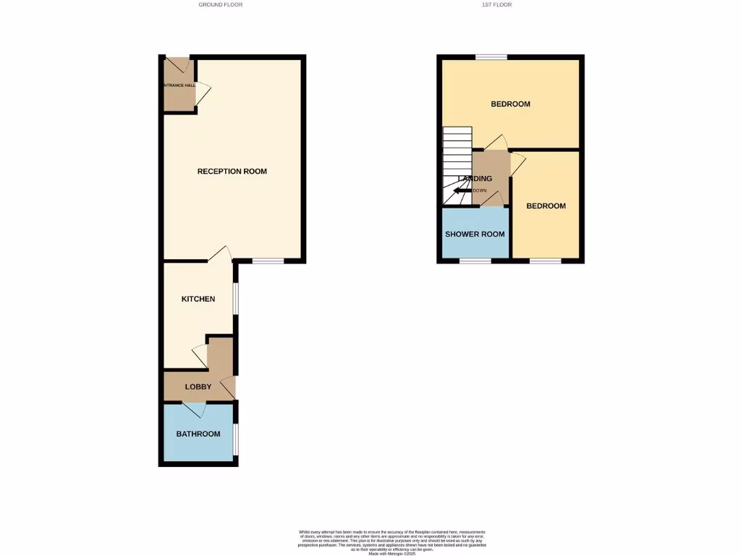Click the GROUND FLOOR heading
[x=221, y=4]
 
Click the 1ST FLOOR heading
[x=496, y=4]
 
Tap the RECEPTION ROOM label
[x=232, y=172]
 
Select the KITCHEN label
[x=198, y=299]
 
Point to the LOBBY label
[x=198, y=387]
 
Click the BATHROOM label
[x=198, y=434]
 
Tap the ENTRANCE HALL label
[x=179, y=85]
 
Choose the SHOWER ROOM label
[x=475, y=234]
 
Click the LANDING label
[x=475, y=179]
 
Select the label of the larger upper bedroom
[x=510, y=104]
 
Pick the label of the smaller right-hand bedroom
[x=546, y=206]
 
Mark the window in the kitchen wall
[x=235, y=298]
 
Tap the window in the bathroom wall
[x=235, y=439]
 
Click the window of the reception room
[x=268, y=261]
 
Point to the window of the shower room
[x=475, y=261]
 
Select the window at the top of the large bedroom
[x=491, y=56]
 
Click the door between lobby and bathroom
[x=193, y=409]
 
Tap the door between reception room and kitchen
[x=219, y=255]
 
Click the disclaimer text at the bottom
[x=393, y=542]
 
